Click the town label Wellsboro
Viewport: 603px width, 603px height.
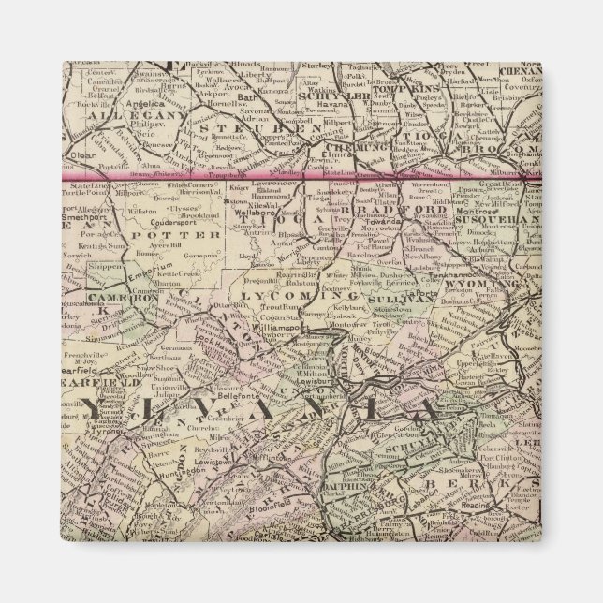click(x=249, y=213)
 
